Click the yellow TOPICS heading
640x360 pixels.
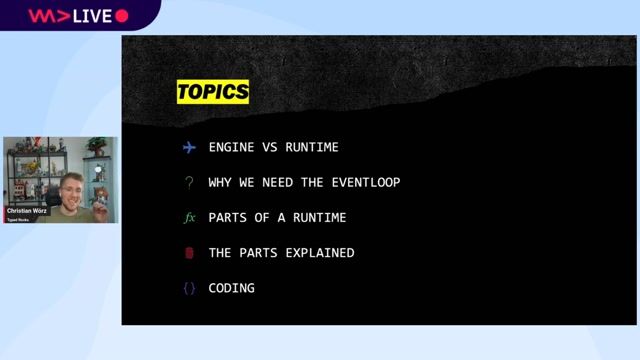tap(212, 92)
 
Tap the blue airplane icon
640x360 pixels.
tap(189, 147)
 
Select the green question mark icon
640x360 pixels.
tap(189, 182)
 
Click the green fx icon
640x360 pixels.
tap(189, 217)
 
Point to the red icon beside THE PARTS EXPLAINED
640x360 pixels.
tap(189, 253)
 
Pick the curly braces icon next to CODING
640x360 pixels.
tap(189, 288)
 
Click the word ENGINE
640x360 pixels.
tap(231, 147)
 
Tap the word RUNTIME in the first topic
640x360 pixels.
tap(312, 147)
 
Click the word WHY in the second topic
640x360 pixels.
tap(221, 183)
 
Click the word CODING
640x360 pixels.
tap(232, 288)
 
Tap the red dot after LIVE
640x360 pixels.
tap(122, 15)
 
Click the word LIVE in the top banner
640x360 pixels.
tap(93, 15)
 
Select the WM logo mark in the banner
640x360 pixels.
tap(46, 15)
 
